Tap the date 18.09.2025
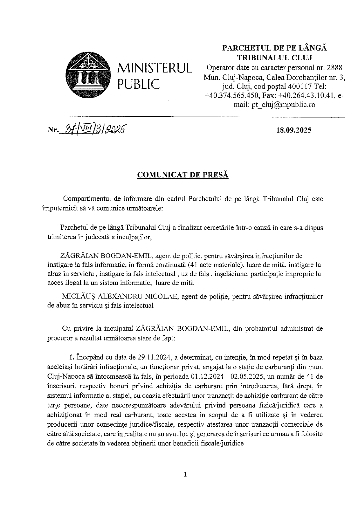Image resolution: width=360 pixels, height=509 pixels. (x=294, y=130)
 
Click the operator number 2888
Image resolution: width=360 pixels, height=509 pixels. (x=334, y=68)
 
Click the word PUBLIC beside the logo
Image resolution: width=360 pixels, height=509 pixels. (x=138, y=84)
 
